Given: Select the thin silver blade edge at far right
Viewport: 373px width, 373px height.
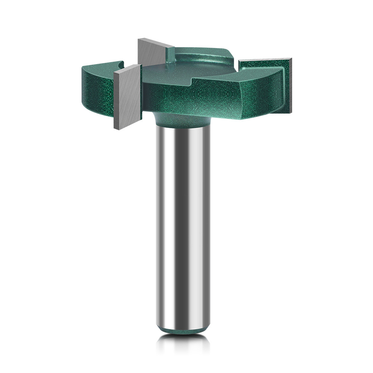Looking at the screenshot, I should coord(290,86).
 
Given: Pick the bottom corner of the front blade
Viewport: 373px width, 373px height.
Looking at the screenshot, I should coord(115,128).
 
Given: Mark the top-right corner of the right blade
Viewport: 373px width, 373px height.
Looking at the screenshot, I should coord(291,59).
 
